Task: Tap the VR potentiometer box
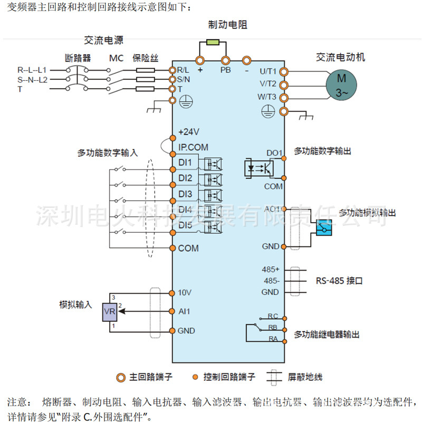pos(110,312)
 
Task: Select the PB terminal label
pos(225,69)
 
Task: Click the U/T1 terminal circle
pos(284,71)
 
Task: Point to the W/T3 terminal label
pos(267,97)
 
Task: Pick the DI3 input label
pos(185,194)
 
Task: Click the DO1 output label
pos(274,153)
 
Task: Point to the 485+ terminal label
pos(271,270)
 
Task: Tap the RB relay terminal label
pos(273,328)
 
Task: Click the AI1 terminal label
pos(184,311)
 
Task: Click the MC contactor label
pos(116,58)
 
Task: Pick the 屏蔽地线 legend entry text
pos(305,377)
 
